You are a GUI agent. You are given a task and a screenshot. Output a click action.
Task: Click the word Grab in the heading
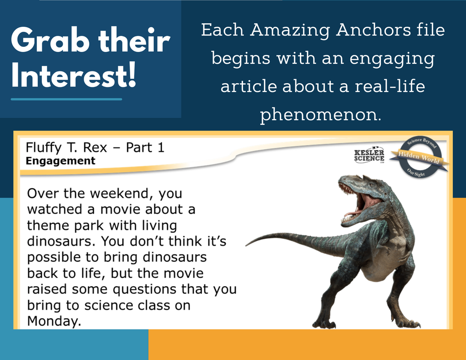point(50,41)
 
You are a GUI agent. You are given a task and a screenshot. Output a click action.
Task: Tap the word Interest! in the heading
point(74,75)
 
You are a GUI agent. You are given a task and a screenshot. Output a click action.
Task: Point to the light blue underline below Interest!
point(66,99)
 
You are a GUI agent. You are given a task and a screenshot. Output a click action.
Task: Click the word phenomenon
point(320,114)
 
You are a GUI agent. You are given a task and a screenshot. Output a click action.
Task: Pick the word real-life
point(390,86)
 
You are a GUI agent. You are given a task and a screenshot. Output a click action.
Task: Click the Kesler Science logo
point(369,155)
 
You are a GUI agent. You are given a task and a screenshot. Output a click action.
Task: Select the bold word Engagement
point(61,161)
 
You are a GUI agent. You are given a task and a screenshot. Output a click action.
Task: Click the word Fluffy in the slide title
point(43,148)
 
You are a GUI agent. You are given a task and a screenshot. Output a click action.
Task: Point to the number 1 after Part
point(161,147)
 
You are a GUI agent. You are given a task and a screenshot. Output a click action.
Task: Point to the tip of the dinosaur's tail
point(246,246)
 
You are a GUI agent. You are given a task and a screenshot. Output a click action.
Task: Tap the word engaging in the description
point(392,59)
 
